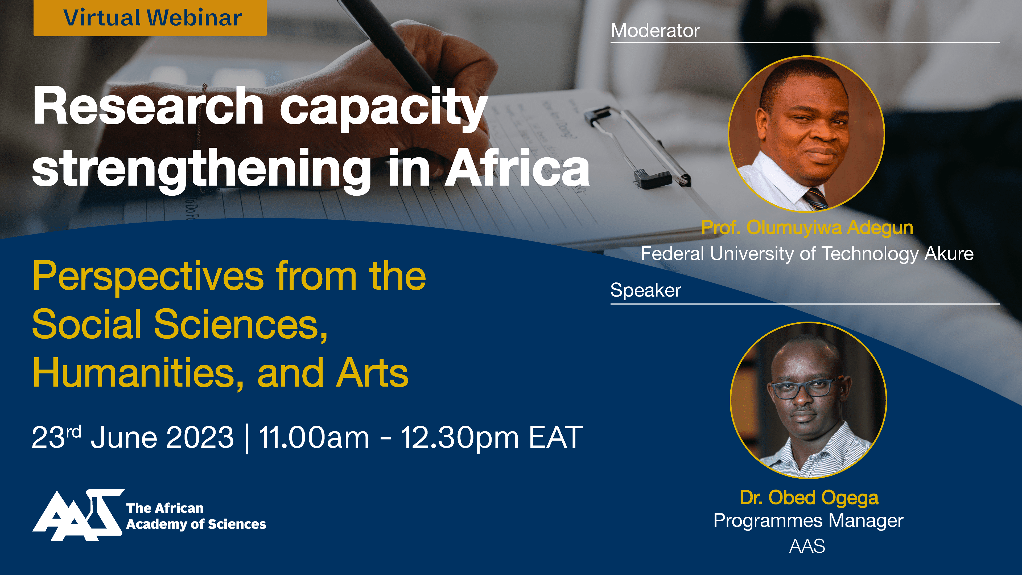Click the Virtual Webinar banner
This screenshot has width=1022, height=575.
150,18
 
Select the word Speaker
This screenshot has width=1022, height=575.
645,290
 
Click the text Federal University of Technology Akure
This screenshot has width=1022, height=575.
807,254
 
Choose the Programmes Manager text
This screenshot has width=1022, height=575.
808,521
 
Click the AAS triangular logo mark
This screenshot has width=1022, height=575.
78,515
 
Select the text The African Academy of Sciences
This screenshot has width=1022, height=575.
196,516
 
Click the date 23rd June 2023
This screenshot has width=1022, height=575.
133,437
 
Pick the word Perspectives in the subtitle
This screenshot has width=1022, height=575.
148,277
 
